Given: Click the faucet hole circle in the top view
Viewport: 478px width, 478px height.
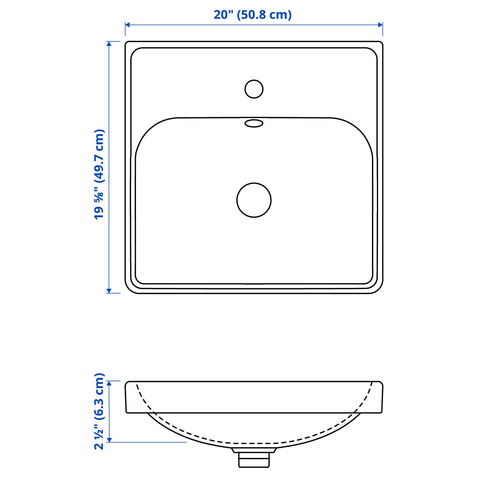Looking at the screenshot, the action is click(x=254, y=89).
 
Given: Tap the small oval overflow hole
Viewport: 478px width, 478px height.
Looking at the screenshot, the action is click(x=254, y=123).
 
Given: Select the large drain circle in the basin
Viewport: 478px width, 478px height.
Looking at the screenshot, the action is click(x=254, y=200).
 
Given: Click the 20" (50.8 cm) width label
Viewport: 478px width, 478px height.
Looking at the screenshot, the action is click(x=253, y=15).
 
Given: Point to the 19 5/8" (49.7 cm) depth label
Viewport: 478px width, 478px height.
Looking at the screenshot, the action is click(x=99, y=174).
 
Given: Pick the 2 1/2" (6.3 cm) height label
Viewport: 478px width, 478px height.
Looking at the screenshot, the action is click(x=99, y=411).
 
